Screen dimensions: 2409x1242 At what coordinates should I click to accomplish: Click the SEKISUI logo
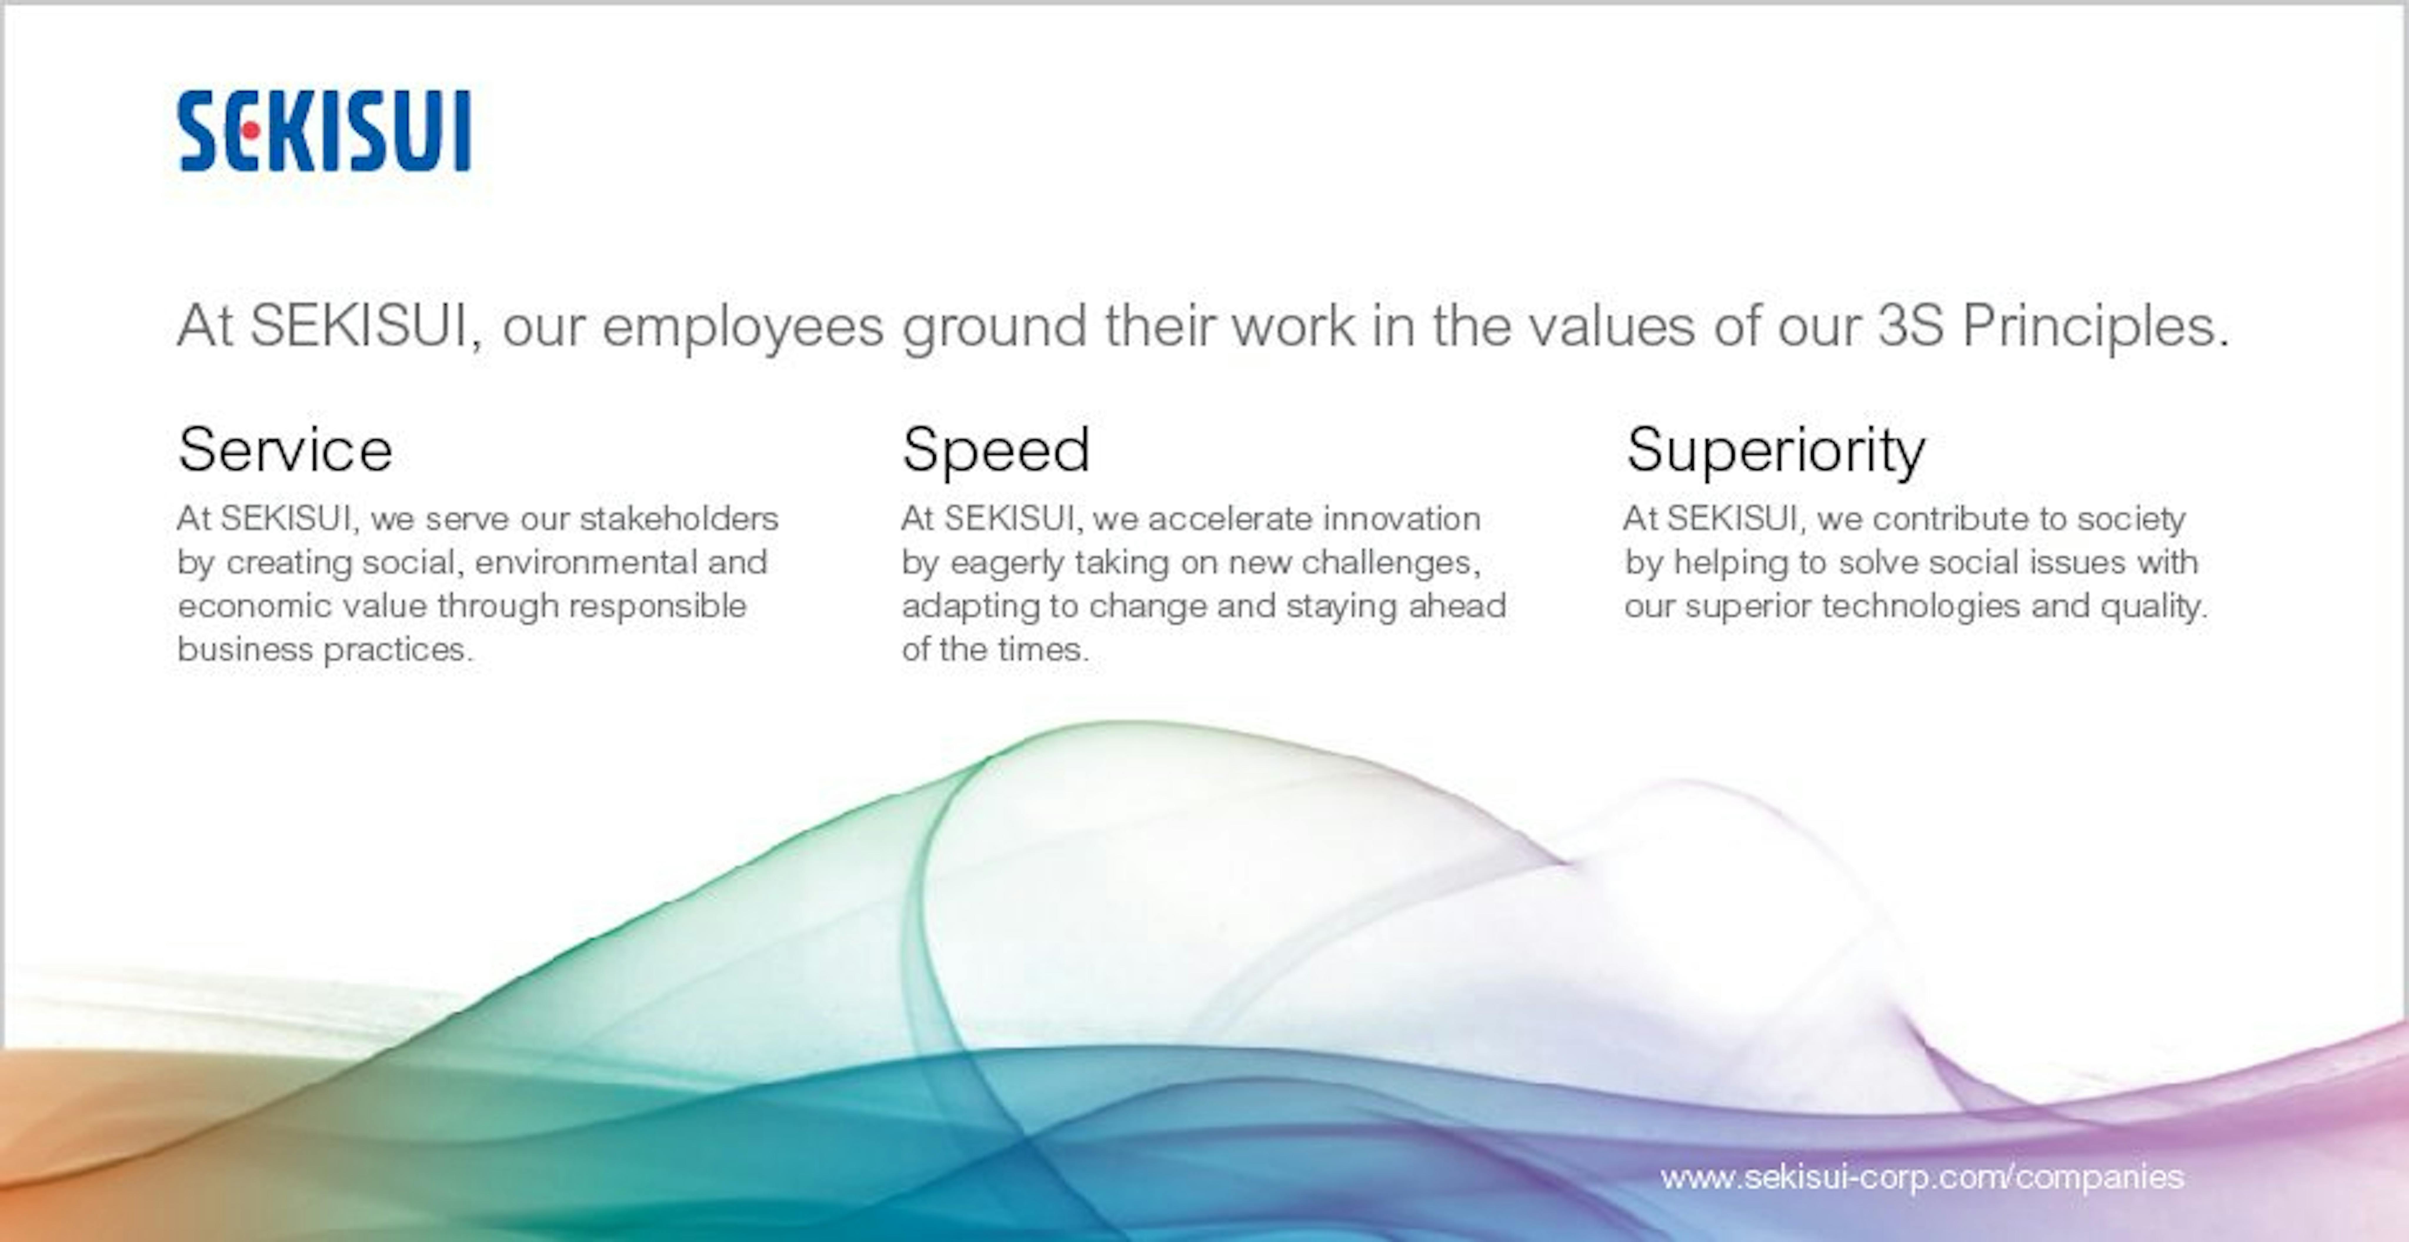(323, 131)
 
